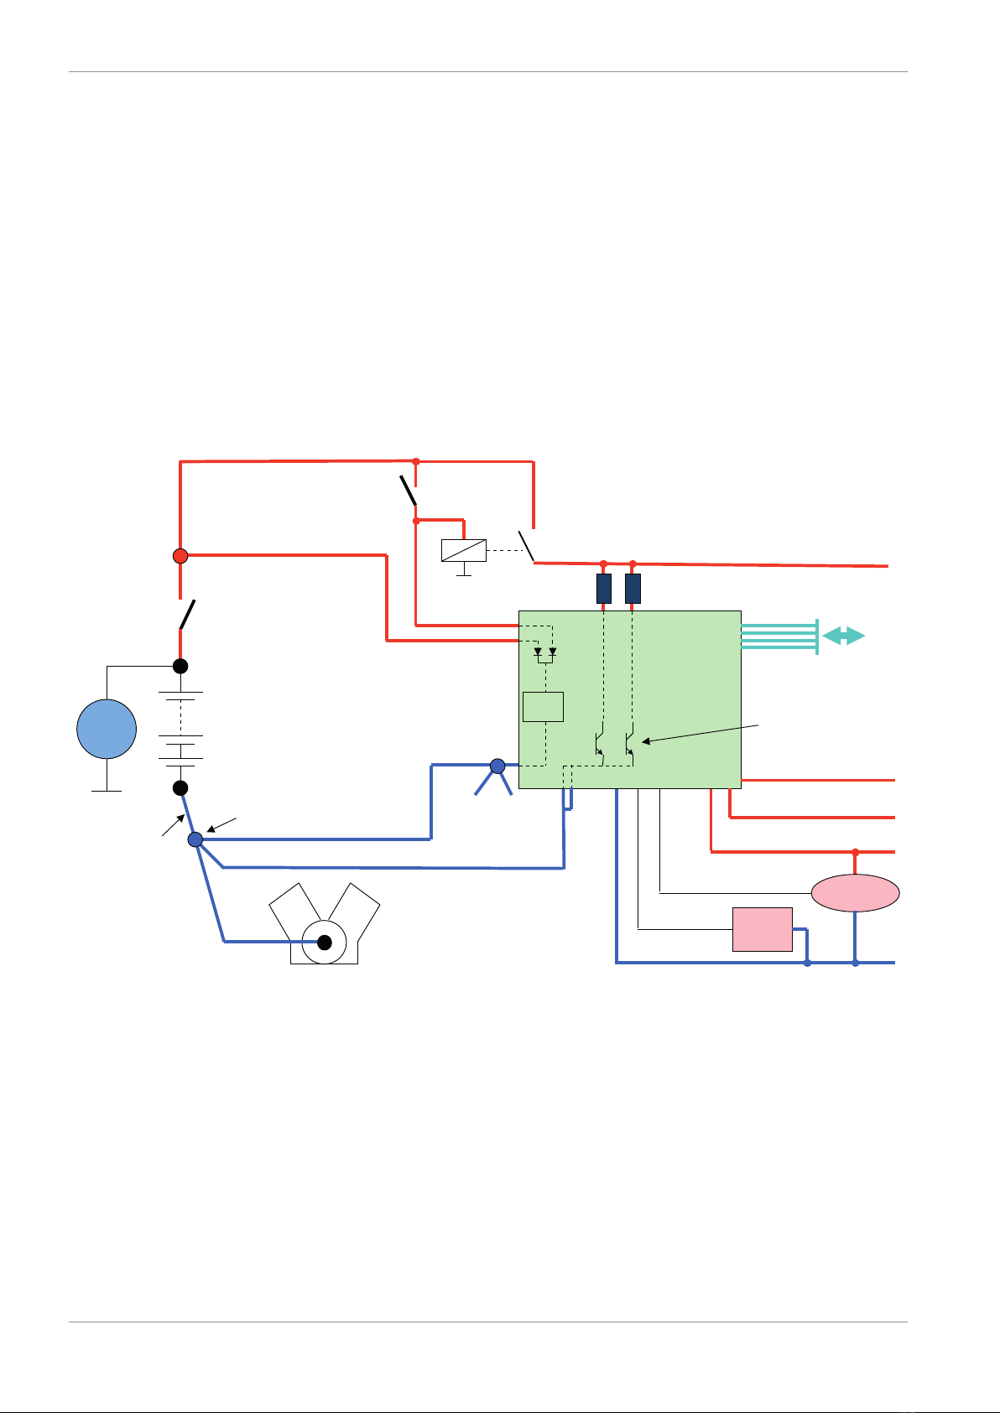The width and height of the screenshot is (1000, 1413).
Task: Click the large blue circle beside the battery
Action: click(x=107, y=729)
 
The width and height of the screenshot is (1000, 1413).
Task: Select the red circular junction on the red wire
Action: click(x=180, y=555)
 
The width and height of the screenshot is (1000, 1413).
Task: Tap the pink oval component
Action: click(x=855, y=893)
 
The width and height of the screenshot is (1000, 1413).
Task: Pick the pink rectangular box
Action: click(x=762, y=929)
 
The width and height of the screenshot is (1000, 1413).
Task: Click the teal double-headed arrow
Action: click(x=843, y=636)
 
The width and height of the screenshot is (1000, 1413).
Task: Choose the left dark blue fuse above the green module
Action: click(x=603, y=589)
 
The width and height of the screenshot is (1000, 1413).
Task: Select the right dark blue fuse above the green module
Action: click(x=633, y=589)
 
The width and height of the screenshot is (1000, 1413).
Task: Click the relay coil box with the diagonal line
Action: click(x=463, y=550)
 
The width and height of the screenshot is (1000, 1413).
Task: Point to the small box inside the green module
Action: click(x=543, y=707)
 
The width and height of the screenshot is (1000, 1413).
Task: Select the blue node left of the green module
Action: click(x=497, y=765)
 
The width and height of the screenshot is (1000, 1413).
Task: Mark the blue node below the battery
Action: click(x=195, y=839)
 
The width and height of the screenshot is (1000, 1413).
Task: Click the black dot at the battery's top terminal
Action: click(x=180, y=667)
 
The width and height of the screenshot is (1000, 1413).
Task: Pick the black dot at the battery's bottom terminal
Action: click(x=180, y=788)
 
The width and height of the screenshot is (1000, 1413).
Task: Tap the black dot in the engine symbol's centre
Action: click(x=326, y=943)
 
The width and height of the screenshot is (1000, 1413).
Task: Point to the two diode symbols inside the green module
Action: click(x=544, y=652)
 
